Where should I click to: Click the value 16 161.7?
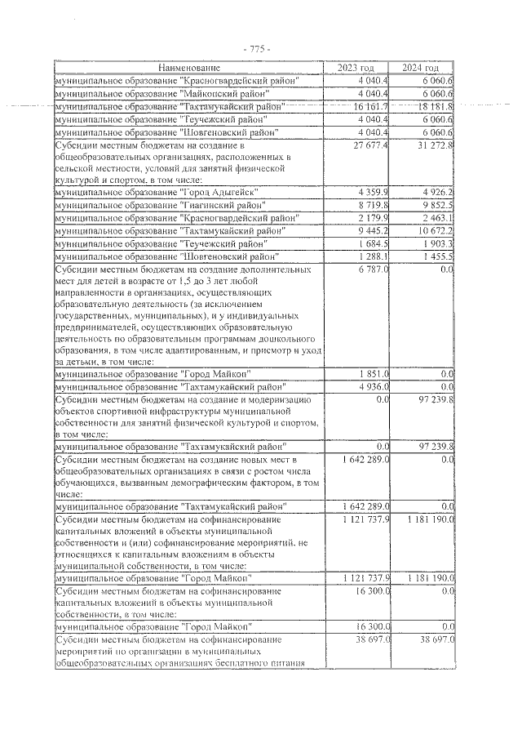tap(370, 106)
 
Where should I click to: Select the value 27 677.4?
tap(370, 145)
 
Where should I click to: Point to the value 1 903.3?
tap(436, 244)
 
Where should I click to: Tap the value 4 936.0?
tap(373, 386)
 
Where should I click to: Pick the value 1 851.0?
tap(373, 373)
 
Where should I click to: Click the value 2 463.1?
tap(436, 218)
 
